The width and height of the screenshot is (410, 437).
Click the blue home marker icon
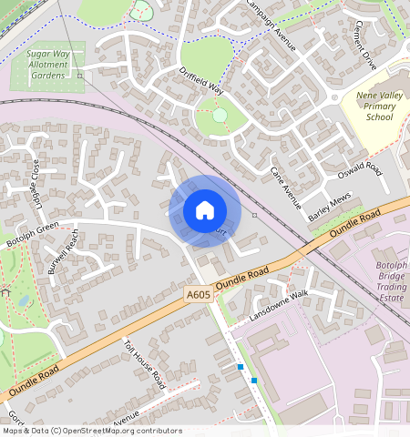[x=205, y=210]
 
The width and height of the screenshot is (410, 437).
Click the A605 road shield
[x=198, y=295]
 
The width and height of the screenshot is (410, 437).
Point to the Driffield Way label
[x=201, y=81]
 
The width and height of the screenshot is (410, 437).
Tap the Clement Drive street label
[x=365, y=45]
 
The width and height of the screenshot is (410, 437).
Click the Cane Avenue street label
[x=286, y=188]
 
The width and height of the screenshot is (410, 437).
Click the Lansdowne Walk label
[x=280, y=307]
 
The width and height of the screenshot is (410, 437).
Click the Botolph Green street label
[x=33, y=234]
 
